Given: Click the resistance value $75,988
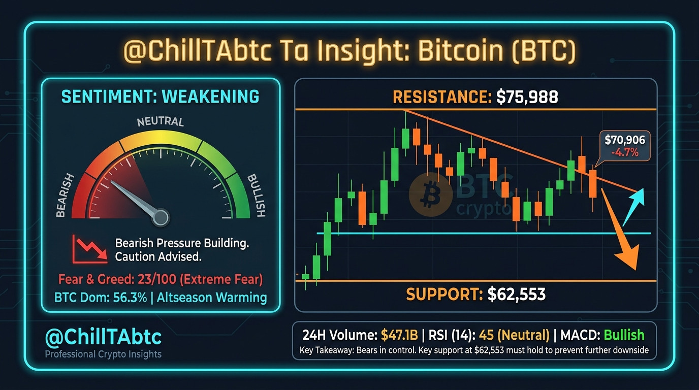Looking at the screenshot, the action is click(x=527, y=96).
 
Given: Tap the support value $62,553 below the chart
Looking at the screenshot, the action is click(x=517, y=294).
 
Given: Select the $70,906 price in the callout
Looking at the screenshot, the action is click(x=625, y=140).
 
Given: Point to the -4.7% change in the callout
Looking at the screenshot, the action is click(x=625, y=152).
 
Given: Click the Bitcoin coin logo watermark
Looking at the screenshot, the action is click(x=431, y=194).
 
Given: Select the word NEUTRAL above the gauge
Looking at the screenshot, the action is click(x=161, y=121).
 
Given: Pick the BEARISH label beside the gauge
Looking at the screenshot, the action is click(x=65, y=196).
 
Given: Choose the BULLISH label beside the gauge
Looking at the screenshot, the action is click(x=256, y=196).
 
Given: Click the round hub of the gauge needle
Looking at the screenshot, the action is click(x=161, y=217).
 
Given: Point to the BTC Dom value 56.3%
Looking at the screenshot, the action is click(x=130, y=298).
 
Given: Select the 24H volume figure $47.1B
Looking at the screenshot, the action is click(x=399, y=335).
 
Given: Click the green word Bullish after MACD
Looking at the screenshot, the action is click(x=624, y=335).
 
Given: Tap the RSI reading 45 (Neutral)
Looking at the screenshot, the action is click(x=514, y=335).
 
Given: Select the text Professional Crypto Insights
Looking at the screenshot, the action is click(x=103, y=354).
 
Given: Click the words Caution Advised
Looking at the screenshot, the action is click(x=158, y=257).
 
